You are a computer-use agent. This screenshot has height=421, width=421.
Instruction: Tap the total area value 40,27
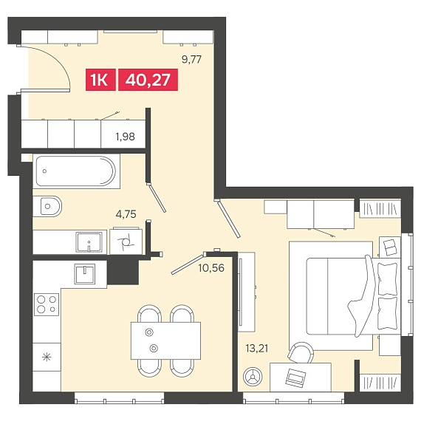tap(148, 80)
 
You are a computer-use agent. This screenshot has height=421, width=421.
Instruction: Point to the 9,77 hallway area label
tap(191, 59)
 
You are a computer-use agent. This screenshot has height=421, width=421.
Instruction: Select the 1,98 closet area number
tap(125, 137)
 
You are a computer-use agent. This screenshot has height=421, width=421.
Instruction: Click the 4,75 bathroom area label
tap(126, 214)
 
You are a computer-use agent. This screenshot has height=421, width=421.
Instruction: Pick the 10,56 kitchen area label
tap(211, 268)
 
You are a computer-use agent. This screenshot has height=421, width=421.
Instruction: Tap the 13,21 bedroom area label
tap(257, 349)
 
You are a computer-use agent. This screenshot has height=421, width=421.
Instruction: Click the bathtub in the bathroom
tap(76, 171)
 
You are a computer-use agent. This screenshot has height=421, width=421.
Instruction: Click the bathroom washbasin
tap(89, 242)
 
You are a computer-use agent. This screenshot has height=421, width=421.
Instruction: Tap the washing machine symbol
tap(126, 241)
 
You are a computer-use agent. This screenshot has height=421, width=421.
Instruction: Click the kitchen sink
tap(85, 273)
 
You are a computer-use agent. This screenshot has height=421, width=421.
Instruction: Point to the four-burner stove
tap(47, 304)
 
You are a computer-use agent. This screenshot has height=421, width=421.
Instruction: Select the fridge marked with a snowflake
tap(47, 357)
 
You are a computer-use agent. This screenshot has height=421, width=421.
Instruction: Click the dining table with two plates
tap(165, 340)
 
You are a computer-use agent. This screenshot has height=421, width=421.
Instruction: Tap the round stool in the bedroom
tap(253, 377)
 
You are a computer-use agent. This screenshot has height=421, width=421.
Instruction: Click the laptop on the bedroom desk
tap(295, 377)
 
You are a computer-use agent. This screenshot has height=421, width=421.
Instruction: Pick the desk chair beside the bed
tap(301, 352)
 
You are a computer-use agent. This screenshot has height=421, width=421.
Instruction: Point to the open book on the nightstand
tap(390, 247)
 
